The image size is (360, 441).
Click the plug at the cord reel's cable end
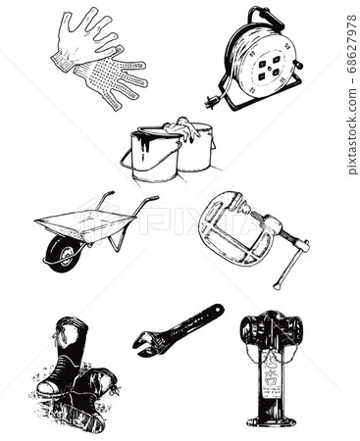[211, 101]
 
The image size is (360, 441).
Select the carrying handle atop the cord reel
[262, 16]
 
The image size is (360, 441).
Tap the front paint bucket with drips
[154, 159]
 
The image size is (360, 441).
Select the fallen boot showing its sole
[92, 397]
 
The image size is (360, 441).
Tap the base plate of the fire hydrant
[271, 421]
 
